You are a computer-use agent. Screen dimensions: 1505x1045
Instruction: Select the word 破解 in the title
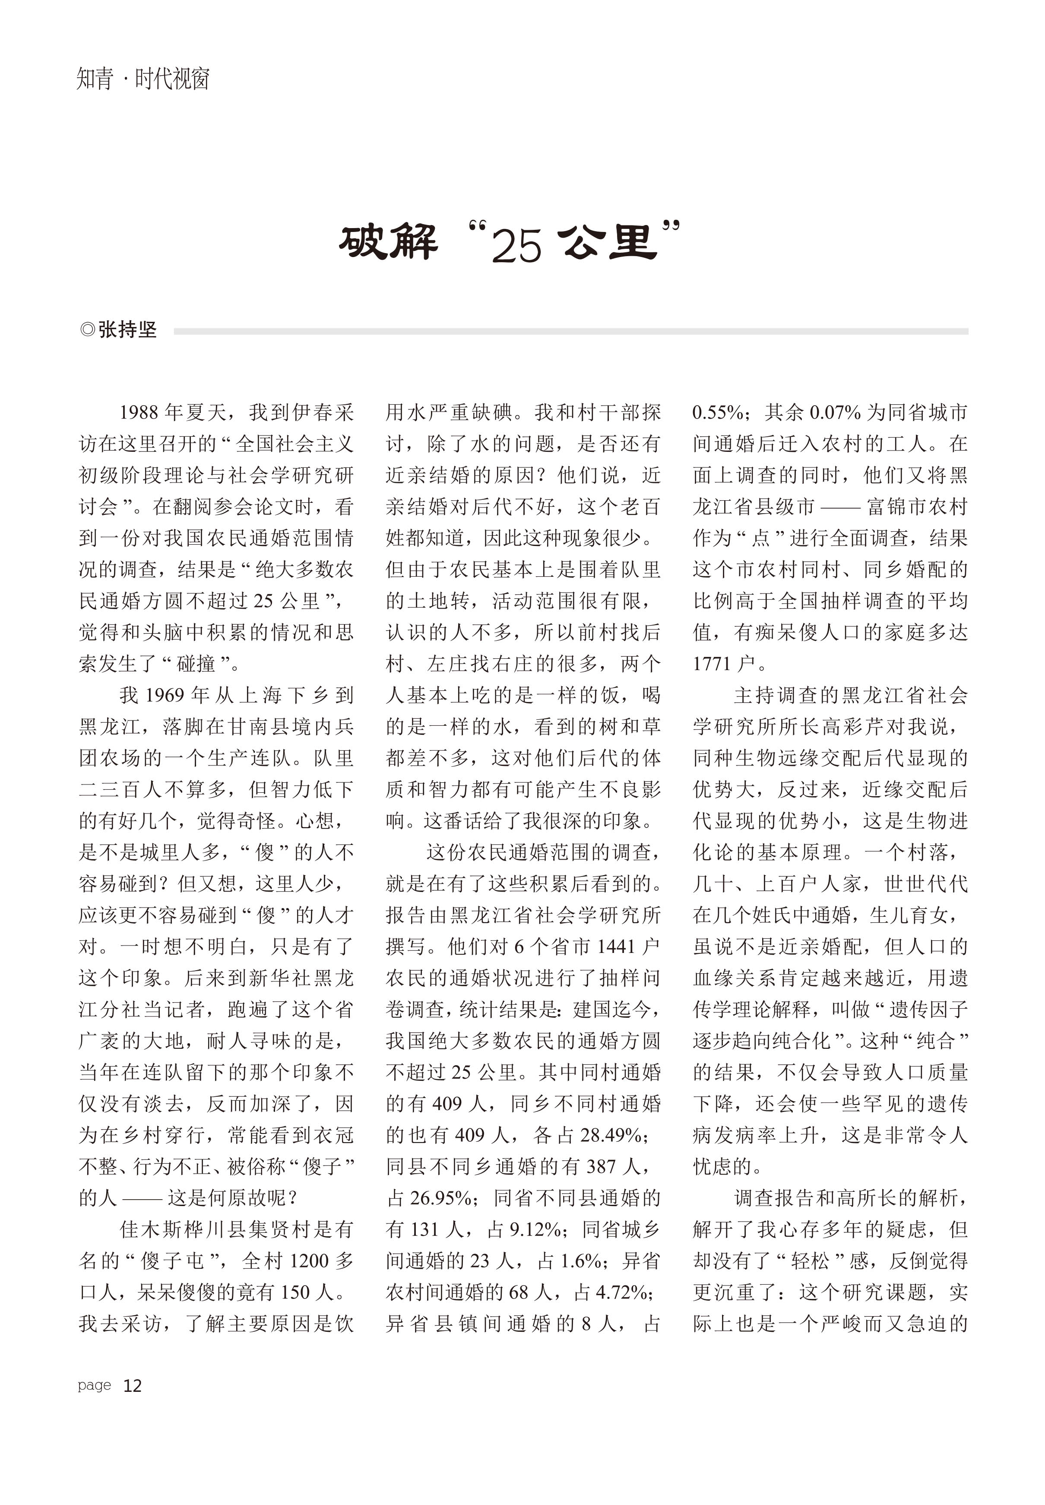388,243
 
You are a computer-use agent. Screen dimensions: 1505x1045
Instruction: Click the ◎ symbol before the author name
87,330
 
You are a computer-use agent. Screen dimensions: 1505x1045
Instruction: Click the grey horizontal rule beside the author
570,331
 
